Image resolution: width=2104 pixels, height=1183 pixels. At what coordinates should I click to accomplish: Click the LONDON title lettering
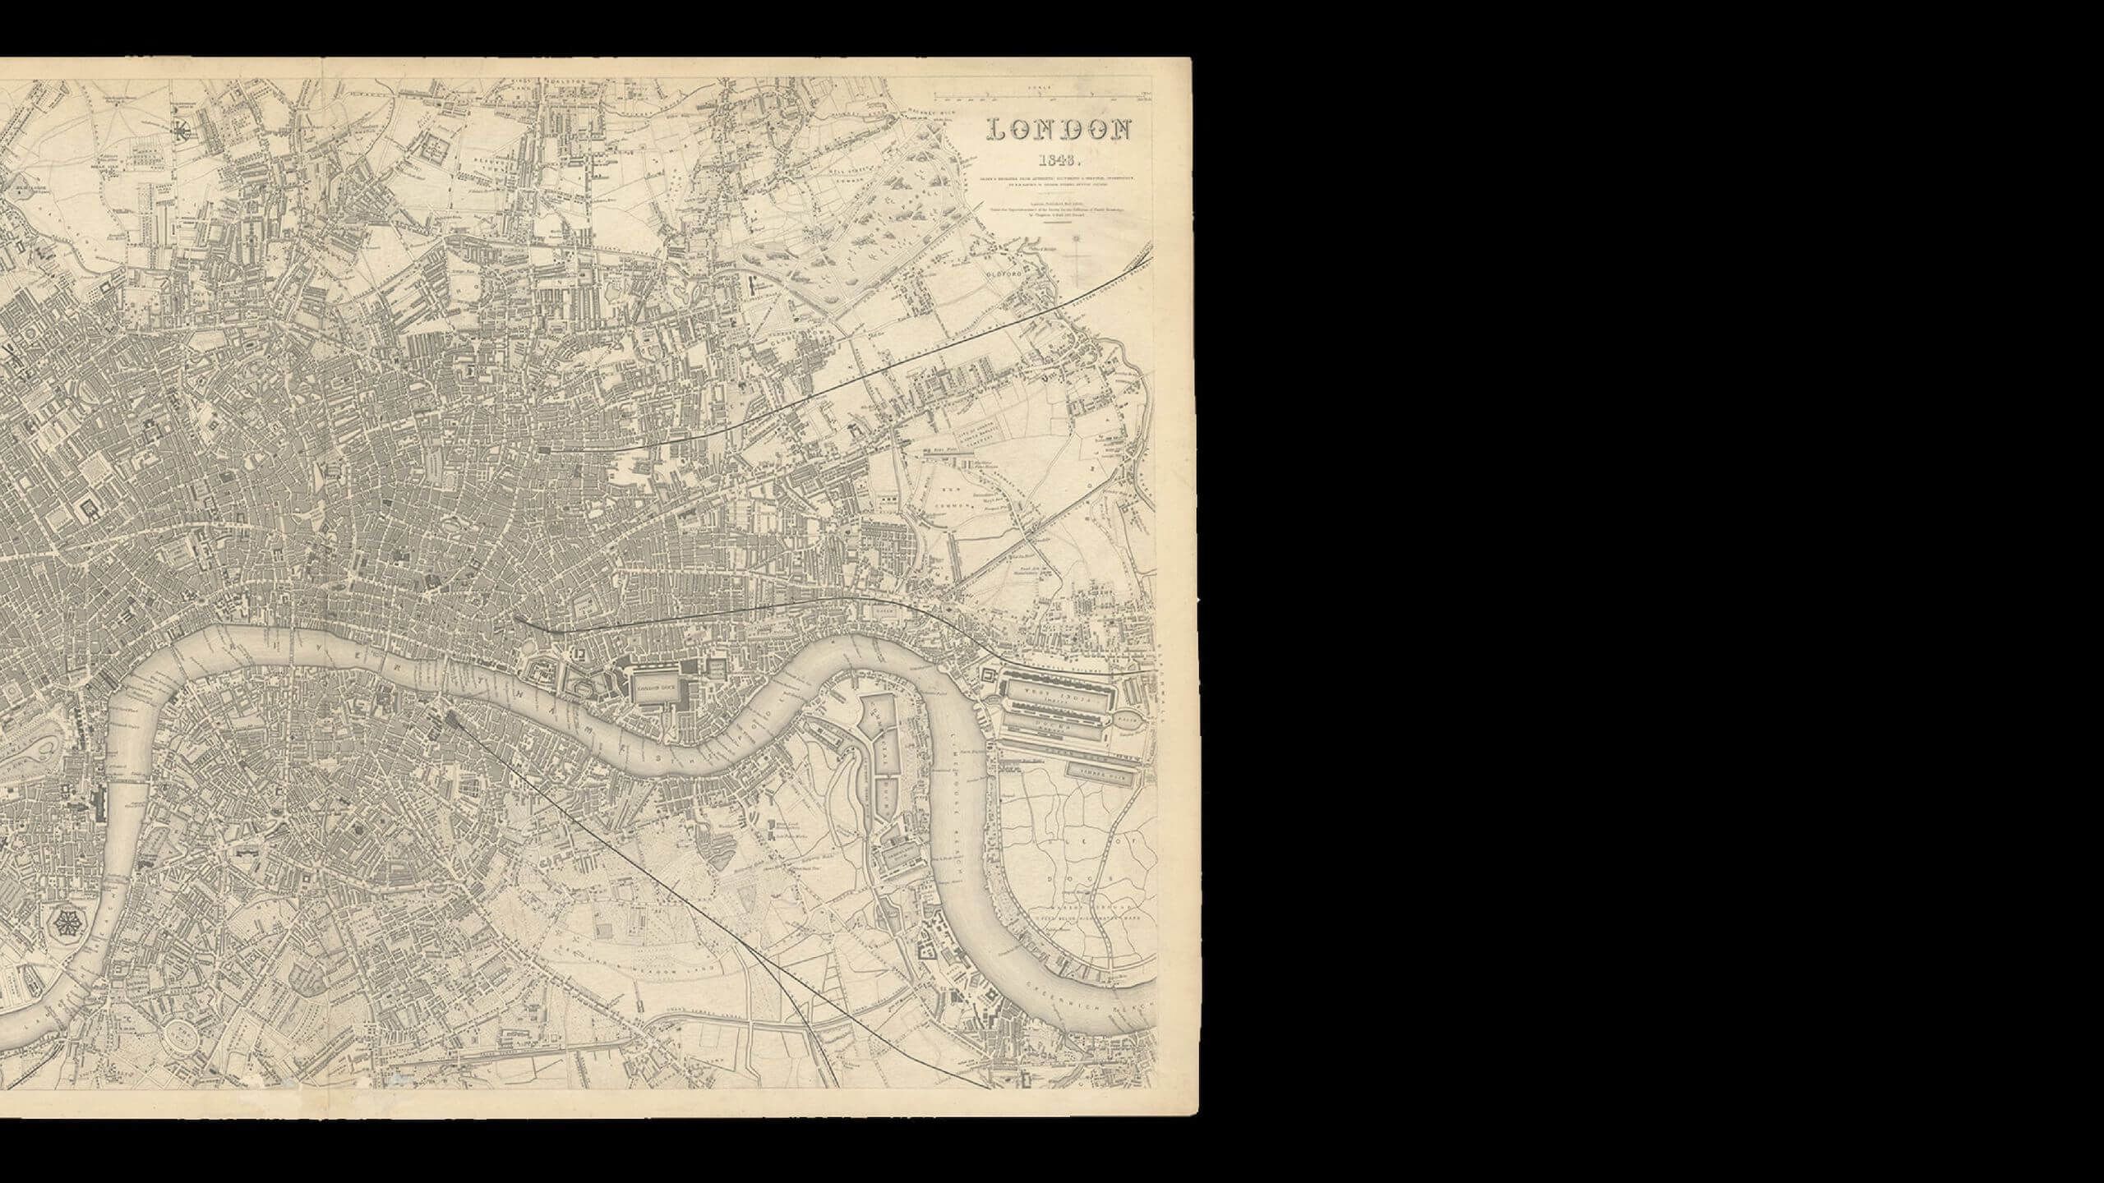tap(1059, 131)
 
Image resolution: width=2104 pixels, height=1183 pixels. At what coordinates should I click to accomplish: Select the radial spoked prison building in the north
tap(180, 128)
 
